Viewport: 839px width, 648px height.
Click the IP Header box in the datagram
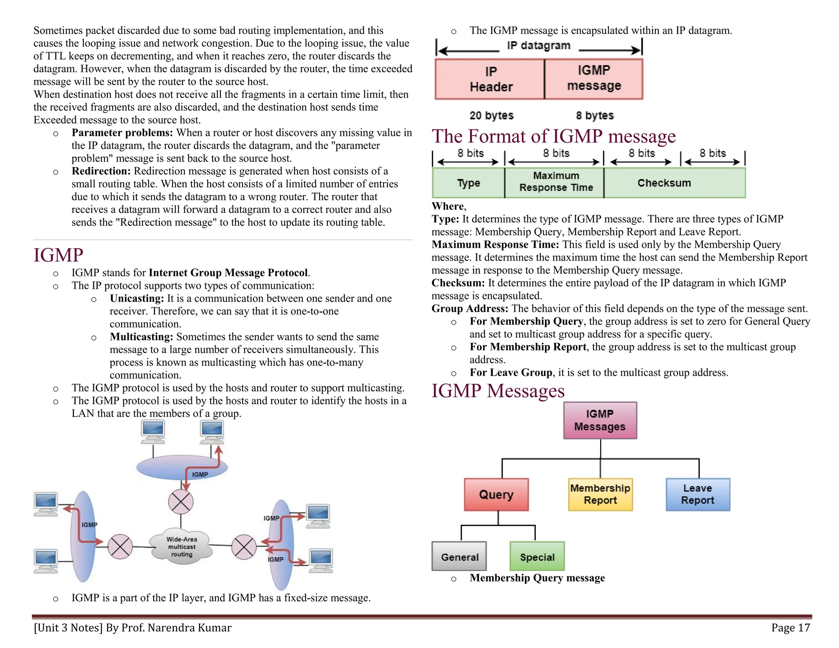[x=490, y=79]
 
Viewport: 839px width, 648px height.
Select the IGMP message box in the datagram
[x=594, y=79]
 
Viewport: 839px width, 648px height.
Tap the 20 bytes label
[x=491, y=116]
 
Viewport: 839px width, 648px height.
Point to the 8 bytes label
[x=594, y=116]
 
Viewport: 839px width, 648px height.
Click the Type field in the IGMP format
[x=468, y=183]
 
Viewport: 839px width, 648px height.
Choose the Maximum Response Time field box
[x=555, y=182]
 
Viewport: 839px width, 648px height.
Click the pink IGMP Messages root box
[x=600, y=420]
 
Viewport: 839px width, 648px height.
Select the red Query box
[x=496, y=494]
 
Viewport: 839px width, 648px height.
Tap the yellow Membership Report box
[x=600, y=494]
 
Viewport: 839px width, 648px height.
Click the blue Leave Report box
[x=698, y=494]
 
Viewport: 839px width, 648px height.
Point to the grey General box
[x=459, y=557]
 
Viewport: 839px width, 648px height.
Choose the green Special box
[x=537, y=557]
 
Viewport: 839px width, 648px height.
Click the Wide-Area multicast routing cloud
[x=181, y=547]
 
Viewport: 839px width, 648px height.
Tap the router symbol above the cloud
[x=181, y=502]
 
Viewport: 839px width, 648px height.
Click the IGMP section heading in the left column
[x=59, y=255]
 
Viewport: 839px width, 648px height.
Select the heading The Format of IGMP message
[x=553, y=136]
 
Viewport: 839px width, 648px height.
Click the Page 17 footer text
[x=790, y=628]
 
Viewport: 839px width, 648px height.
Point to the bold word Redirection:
[x=101, y=171]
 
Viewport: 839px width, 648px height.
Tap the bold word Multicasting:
[x=141, y=337]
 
